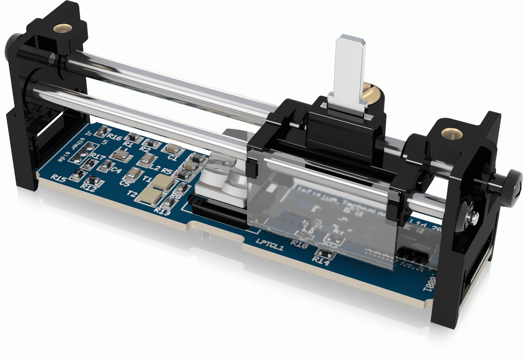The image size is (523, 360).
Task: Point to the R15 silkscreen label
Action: pos(59,178)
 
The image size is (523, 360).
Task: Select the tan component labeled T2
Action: pos(152,195)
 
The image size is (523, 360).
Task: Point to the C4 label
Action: pos(116,170)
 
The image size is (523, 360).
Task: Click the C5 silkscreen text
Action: pos(125,183)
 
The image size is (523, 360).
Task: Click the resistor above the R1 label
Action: pos(134,137)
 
